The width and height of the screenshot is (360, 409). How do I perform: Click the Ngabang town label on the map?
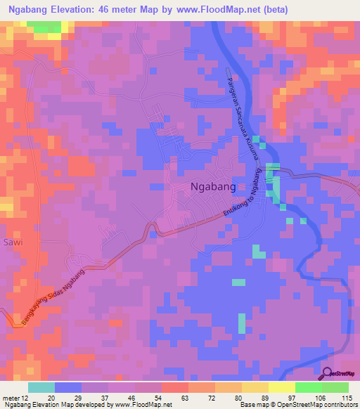tap(213, 187)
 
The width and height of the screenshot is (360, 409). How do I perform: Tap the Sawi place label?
tap(13, 242)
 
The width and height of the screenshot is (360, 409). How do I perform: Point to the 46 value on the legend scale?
tap(122, 397)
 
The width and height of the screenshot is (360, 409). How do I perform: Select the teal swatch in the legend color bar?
tap(41, 387)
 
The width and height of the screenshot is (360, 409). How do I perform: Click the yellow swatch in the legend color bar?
tap(281, 387)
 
